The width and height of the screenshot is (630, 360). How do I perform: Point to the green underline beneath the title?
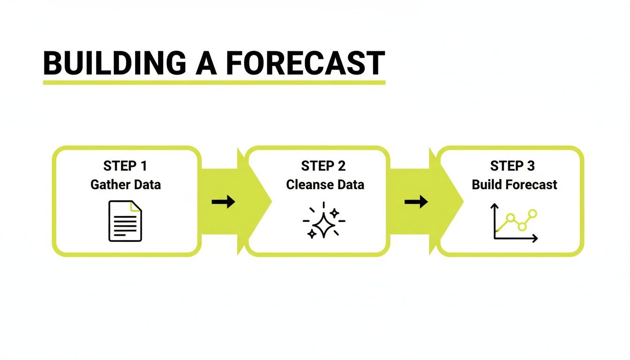pos(214,82)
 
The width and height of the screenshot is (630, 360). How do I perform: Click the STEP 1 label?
pos(126,166)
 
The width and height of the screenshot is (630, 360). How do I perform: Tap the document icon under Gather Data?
pos(125,221)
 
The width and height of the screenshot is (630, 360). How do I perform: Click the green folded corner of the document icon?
pos(136,206)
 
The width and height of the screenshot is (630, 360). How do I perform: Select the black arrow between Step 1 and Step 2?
pos(223,202)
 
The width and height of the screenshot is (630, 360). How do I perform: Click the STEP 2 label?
pos(323,166)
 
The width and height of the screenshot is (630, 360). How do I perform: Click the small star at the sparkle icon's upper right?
pos(334,213)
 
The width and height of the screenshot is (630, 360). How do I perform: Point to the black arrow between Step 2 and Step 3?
pos(416,202)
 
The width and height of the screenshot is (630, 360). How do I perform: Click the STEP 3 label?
pos(512,166)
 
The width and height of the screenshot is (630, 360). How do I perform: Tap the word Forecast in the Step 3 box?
pos(529,185)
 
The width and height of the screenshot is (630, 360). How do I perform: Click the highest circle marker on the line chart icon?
pos(532,213)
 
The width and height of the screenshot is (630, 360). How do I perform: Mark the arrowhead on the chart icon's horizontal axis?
pos(535,239)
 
